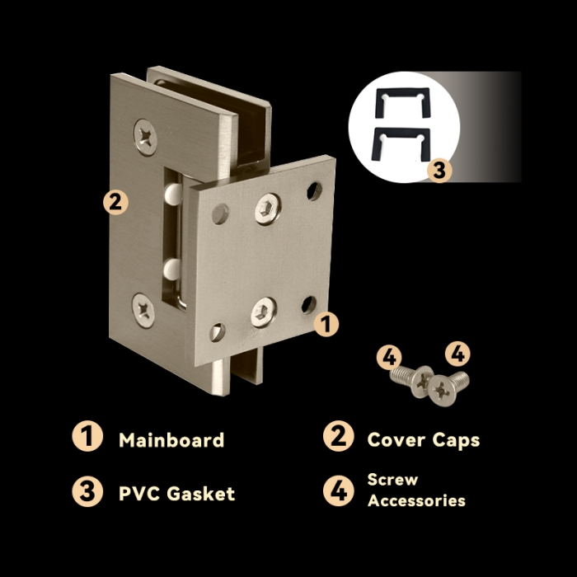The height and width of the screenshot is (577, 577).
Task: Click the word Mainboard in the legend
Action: pyautogui.click(x=171, y=440)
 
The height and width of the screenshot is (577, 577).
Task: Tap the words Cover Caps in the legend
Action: pyautogui.click(x=424, y=440)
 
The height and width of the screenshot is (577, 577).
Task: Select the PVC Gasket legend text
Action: pyautogui.click(x=176, y=494)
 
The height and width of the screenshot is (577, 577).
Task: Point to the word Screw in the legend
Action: pyautogui.click(x=392, y=480)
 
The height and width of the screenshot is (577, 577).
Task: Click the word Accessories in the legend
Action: pyautogui.click(x=416, y=501)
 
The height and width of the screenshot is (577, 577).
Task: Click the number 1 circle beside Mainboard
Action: pyautogui.click(x=87, y=436)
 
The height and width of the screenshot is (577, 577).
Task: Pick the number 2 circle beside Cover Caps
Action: pyautogui.click(x=339, y=436)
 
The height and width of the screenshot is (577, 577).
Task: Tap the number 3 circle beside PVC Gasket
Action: pyautogui.click(x=87, y=491)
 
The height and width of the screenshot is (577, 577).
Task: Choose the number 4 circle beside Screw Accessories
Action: pyautogui.click(x=339, y=490)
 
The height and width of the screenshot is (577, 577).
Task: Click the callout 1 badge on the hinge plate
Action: pyautogui.click(x=326, y=324)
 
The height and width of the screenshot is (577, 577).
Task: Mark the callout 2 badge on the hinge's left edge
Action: pyautogui.click(x=115, y=202)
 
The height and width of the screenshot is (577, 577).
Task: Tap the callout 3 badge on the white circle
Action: pyautogui.click(x=439, y=171)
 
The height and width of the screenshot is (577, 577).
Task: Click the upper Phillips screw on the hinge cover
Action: pyautogui.click(x=145, y=138)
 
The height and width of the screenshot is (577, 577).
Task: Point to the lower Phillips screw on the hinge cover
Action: pyautogui.click(x=143, y=310)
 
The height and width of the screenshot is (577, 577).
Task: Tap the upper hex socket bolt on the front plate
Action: pyautogui.click(x=268, y=209)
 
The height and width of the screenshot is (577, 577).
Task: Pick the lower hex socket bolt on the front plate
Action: pyautogui.click(x=264, y=312)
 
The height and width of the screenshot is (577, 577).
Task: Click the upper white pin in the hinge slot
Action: pyautogui.click(x=173, y=194)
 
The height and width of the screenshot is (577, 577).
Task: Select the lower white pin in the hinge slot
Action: pyautogui.click(x=171, y=269)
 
